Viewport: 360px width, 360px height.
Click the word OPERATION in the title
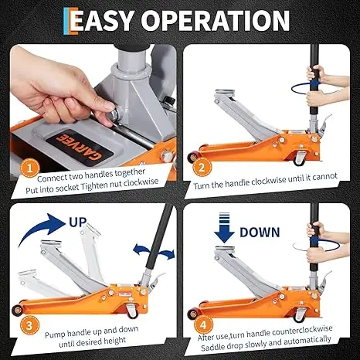tap(223, 22)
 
